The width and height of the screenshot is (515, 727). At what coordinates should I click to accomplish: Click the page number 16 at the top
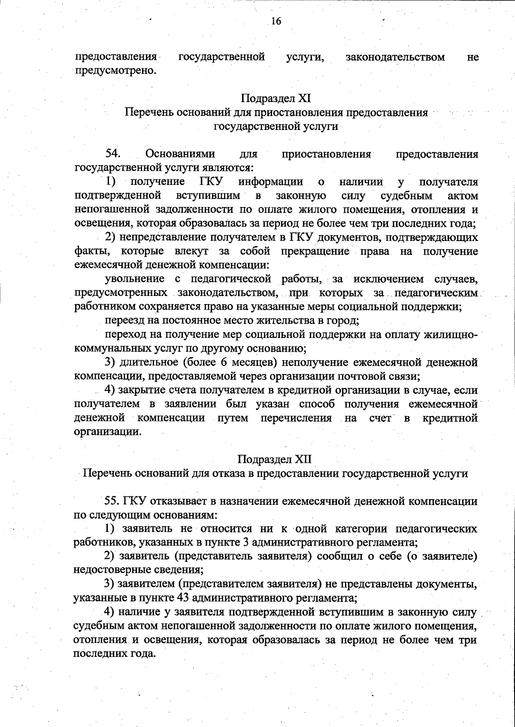(x=276, y=21)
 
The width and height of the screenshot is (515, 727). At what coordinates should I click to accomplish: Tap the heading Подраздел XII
(x=275, y=459)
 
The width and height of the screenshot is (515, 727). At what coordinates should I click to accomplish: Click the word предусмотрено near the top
(x=115, y=70)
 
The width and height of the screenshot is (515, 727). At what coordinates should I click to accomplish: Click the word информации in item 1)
(x=271, y=182)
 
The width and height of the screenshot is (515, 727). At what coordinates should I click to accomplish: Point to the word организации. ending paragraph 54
(x=107, y=431)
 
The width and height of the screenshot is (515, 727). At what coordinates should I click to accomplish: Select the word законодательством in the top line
(x=395, y=57)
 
